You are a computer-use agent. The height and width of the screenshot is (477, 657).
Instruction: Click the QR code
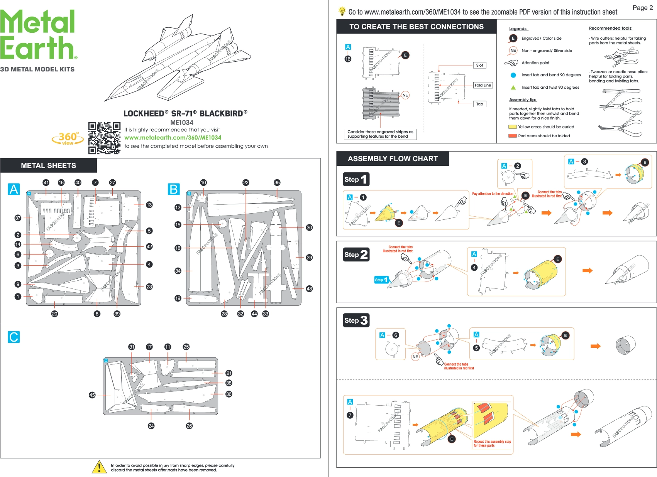104,138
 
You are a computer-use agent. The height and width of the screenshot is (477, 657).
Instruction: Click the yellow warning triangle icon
99,467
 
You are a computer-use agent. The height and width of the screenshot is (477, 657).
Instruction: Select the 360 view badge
68,138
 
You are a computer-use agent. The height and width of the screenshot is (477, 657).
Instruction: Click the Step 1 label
356,179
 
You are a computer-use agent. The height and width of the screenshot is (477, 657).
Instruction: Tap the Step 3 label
356,320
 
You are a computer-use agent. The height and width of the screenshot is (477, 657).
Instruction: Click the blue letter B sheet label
174,189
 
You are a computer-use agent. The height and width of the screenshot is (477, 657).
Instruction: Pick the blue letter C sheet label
14,337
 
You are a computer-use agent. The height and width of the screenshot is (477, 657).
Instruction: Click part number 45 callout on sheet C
92,395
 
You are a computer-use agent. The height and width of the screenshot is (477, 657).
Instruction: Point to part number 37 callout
18,218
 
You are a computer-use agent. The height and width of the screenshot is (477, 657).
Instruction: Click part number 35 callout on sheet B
277,182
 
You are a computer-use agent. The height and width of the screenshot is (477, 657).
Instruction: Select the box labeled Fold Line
483,85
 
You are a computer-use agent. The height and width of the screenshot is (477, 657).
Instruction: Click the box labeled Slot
479,65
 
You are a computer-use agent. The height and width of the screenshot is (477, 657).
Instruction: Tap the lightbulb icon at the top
342,11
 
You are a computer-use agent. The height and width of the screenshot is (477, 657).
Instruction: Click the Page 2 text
642,8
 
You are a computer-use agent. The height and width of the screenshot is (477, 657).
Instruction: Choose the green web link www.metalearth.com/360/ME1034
173,138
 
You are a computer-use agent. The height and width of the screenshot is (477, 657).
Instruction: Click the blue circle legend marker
513,75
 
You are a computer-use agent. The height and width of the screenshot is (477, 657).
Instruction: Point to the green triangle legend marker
513,88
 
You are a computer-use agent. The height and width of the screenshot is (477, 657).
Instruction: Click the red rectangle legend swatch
512,136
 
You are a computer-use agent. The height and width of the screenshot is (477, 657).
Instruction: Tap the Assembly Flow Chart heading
393,159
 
